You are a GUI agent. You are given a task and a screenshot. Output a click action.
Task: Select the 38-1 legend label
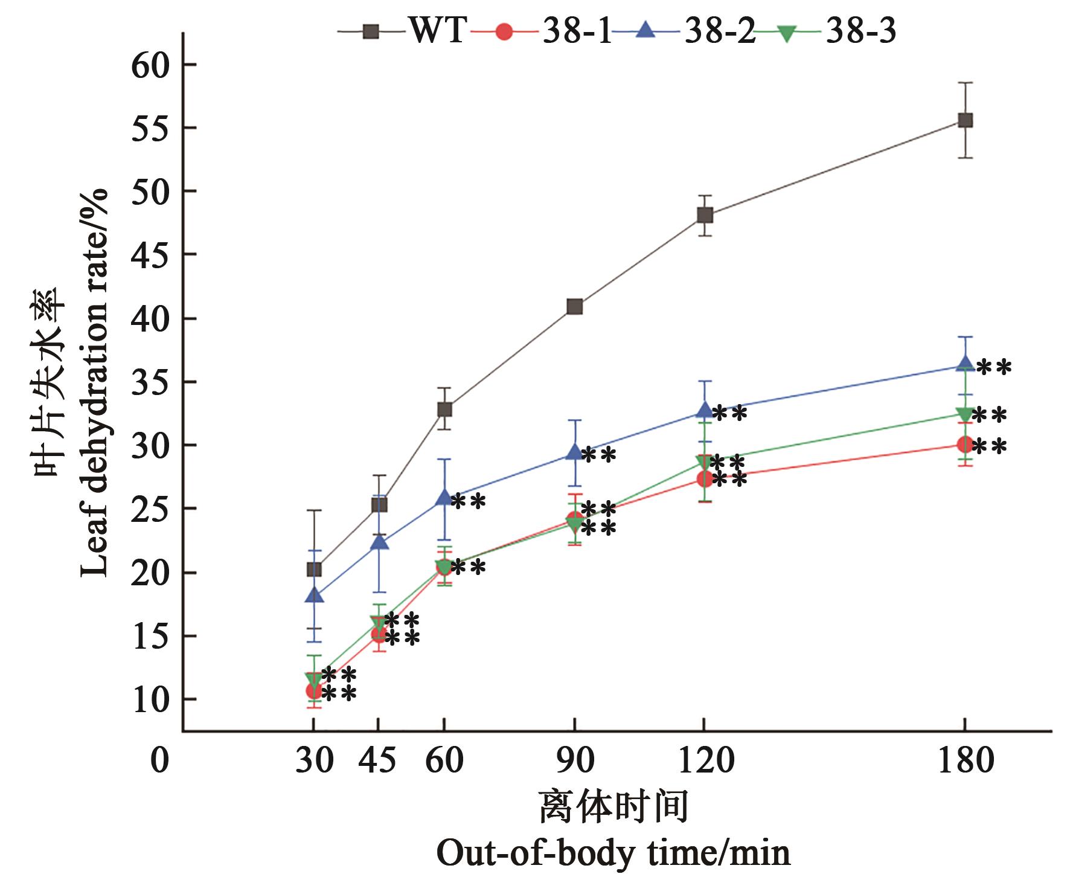[577, 30]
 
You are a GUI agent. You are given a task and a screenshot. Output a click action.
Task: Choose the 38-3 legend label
[860, 30]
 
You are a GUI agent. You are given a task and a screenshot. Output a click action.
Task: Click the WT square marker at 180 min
[965, 120]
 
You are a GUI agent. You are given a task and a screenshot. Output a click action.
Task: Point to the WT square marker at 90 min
[575, 307]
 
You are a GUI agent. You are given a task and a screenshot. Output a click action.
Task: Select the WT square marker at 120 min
[705, 215]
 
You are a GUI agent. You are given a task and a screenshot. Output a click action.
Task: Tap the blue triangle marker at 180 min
[965, 364]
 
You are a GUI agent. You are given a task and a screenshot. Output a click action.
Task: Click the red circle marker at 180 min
[965, 445]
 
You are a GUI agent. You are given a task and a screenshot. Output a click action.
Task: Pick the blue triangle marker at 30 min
[314, 596]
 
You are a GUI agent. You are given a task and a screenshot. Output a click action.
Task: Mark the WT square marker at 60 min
[444, 410]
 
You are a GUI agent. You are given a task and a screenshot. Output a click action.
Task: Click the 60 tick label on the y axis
[150, 65]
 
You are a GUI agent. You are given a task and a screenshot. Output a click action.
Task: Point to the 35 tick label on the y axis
[150, 382]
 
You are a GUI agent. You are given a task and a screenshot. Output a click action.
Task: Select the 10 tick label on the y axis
[150, 700]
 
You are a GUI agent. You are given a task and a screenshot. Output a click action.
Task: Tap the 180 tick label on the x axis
[965, 760]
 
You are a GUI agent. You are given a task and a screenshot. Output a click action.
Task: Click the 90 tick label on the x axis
[575, 760]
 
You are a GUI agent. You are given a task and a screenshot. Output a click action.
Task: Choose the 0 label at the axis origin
[159, 760]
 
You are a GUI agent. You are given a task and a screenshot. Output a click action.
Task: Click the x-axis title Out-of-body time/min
[613, 853]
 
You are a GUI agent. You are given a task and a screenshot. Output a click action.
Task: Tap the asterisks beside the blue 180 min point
[993, 367]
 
